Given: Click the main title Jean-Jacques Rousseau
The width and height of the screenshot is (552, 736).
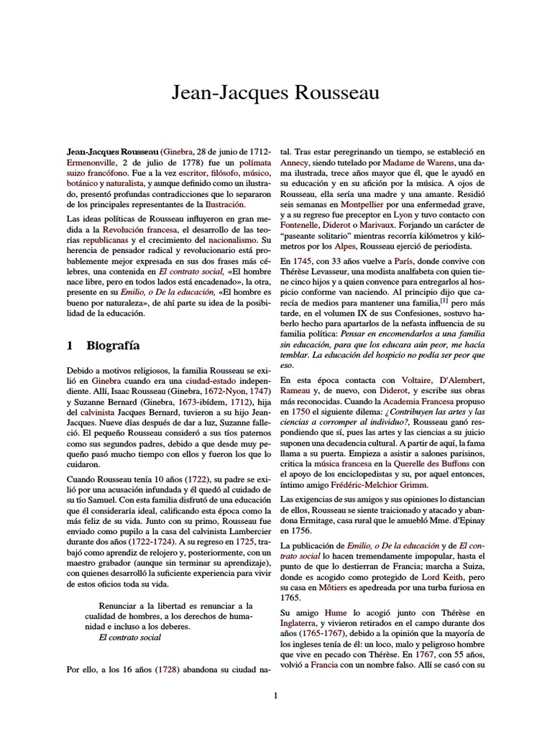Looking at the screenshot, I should (276, 93).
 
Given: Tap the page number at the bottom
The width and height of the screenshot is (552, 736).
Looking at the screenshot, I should (275, 695).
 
